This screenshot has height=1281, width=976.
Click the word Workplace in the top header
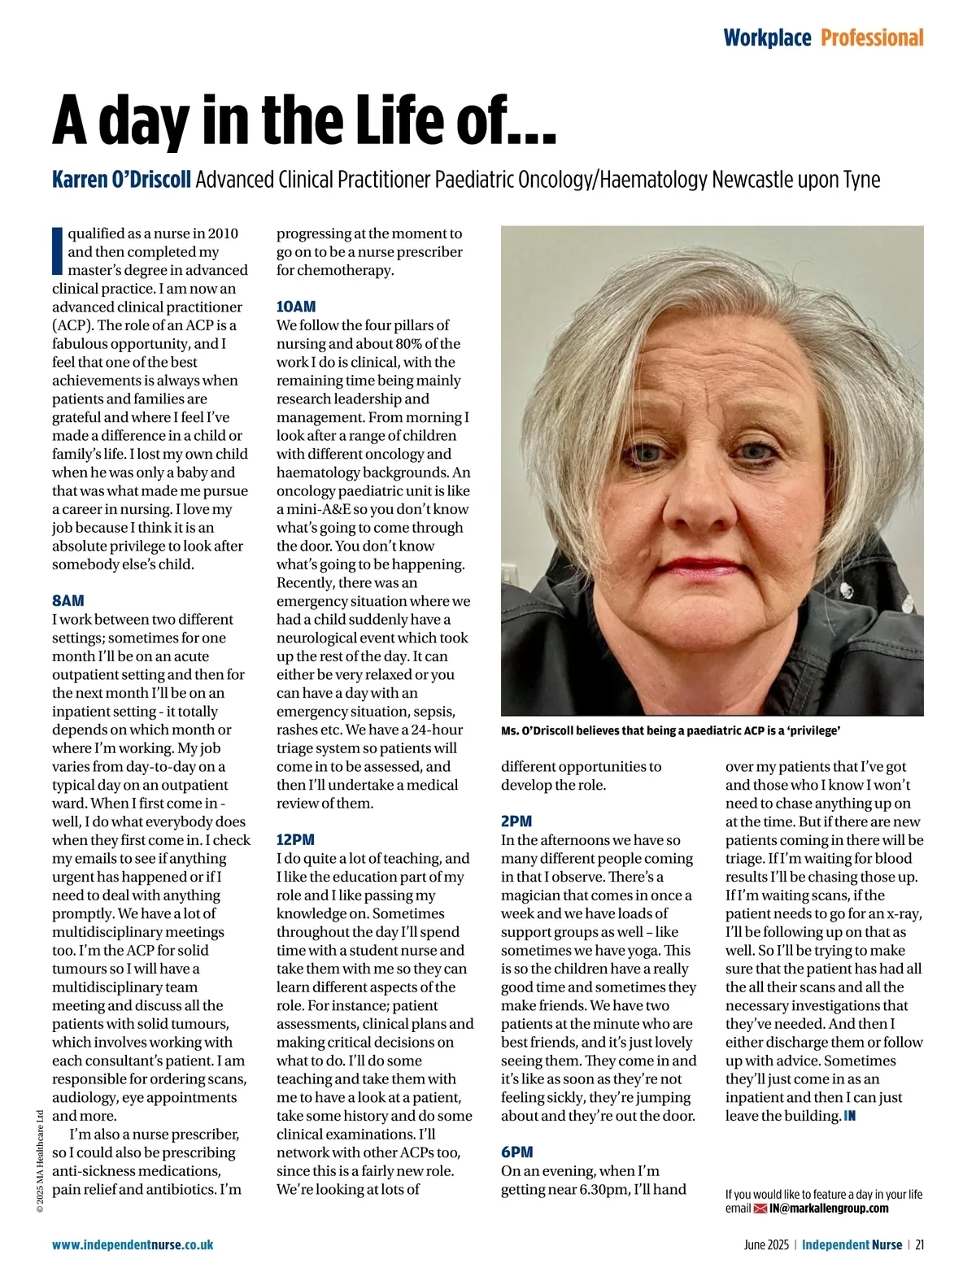click(767, 38)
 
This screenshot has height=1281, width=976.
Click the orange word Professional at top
click(872, 38)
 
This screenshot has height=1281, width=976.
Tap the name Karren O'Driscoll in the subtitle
click(121, 179)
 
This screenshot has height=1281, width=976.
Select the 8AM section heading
click(68, 601)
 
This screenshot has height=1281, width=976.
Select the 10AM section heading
click(296, 307)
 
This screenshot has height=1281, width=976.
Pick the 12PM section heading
click(295, 839)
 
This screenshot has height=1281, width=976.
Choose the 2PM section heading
click(516, 821)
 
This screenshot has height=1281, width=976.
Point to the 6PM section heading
click(517, 1152)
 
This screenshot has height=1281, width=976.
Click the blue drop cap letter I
click(57, 251)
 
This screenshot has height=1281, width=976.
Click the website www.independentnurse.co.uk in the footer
click(133, 1244)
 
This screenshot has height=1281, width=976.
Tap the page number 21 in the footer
click(920, 1244)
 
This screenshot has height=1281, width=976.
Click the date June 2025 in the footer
click(766, 1244)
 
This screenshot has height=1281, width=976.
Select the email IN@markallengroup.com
click(829, 1209)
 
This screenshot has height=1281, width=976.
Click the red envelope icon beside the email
click(761, 1209)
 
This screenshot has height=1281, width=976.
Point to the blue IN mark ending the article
click(850, 1116)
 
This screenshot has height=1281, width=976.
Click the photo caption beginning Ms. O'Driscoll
click(670, 730)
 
